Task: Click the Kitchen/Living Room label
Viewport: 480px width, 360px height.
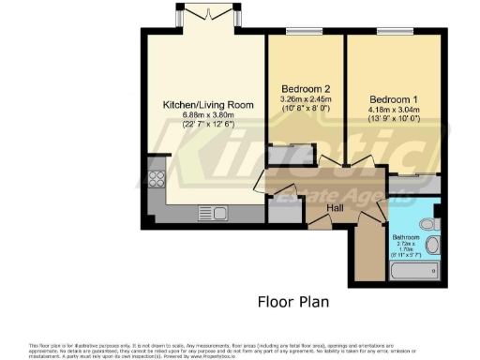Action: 201,104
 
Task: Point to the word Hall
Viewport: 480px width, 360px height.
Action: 335,207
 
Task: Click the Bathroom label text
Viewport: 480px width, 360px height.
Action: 405,237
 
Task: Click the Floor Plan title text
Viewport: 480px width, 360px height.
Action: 293,302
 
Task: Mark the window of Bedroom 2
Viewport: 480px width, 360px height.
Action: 304,33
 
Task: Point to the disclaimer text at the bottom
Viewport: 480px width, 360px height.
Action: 240,348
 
